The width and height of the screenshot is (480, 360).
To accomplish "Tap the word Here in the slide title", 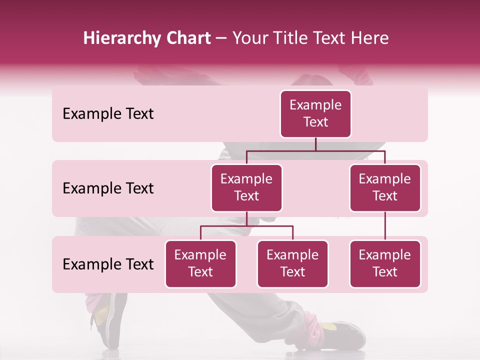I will tap(368, 38).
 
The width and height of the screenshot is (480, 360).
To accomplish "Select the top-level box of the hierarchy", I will tap(315, 114).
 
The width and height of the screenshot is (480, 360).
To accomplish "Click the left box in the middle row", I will tap(246, 187).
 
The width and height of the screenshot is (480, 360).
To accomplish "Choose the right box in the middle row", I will tap(385, 187).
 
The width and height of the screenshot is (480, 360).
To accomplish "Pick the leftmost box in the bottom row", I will tap(200, 263).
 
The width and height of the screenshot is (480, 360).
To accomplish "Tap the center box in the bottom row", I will tap(292, 263).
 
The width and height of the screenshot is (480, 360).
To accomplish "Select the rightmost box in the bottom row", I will tap(385, 263).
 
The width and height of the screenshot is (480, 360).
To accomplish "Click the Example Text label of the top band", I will tap(108, 114).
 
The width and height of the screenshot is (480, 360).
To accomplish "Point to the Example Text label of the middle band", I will tap(108, 188).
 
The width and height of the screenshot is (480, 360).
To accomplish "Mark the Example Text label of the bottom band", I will tap(108, 264).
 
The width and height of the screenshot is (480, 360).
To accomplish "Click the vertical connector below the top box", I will tap(315, 144).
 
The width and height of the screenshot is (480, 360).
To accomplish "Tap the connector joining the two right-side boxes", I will tap(385, 226).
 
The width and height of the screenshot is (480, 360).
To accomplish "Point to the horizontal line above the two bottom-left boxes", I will tap(246, 226).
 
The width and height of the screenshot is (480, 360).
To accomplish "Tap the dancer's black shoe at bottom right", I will tap(345, 334).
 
